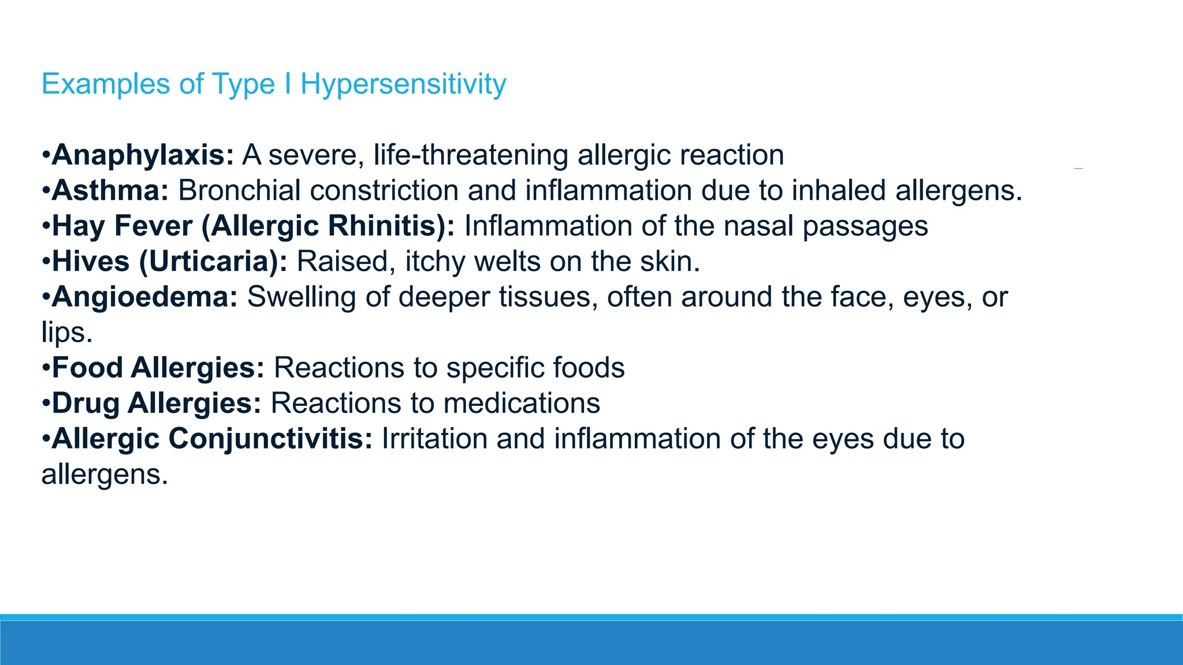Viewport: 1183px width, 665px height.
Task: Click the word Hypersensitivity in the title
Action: tap(403, 84)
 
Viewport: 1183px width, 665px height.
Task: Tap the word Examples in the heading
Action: tap(106, 84)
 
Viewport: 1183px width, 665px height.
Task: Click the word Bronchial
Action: tap(239, 190)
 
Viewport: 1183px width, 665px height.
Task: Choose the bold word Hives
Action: tap(91, 261)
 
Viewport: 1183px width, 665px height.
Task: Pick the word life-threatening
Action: tap(471, 155)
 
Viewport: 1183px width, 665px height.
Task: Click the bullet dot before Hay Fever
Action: tap(46, 226)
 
